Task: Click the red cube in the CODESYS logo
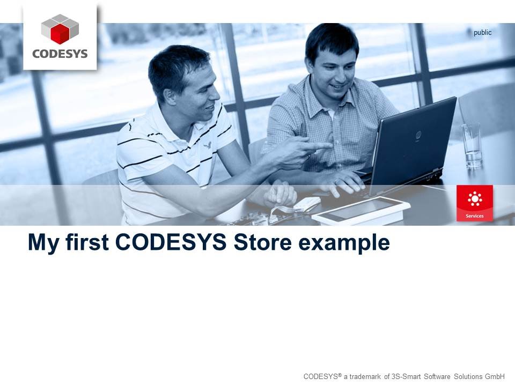point(60,34)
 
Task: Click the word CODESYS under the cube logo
point(60,54)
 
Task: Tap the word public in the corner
point(482,33)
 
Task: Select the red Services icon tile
point(474,203)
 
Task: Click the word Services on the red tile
point(474,216)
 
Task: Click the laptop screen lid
point(413,139)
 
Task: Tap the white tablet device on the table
point(360,211)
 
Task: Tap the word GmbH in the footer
point(495,376)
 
